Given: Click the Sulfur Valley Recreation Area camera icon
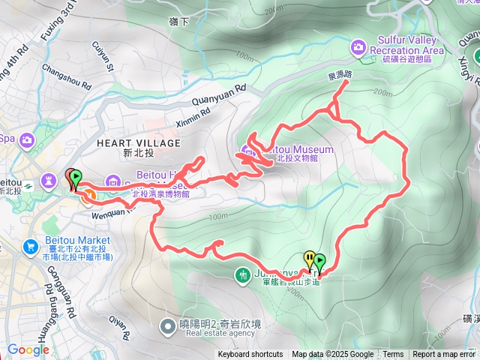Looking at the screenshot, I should (358, 47).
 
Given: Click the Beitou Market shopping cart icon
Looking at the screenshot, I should (31, 246).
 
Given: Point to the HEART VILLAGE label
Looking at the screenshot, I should (139, 143).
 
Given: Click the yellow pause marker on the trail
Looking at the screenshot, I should (309, 259).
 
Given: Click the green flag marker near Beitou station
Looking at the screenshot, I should (76, 178).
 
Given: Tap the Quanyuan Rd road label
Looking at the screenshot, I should (220, 93).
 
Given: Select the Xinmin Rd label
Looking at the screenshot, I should (199, 115).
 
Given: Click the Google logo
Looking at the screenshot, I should (28, 349).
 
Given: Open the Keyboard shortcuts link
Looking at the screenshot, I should (250, 355).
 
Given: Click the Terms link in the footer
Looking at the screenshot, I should (393, 355).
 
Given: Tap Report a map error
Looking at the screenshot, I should (444, 355).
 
